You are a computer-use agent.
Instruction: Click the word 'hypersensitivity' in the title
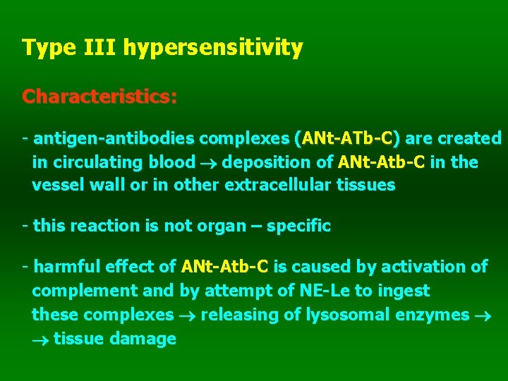point(213,49)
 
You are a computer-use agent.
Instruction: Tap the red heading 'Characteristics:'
point(99,96)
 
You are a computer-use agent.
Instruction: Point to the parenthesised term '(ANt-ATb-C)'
point(347,138)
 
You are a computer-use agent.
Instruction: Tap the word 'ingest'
point(404,291)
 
